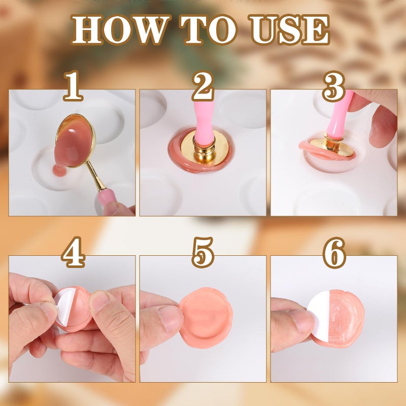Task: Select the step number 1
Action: point(73,87)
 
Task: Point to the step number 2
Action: point(202,86)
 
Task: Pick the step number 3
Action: point(333,87)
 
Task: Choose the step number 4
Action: point(73,253)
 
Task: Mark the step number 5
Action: point(203,253)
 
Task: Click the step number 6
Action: point(333,253)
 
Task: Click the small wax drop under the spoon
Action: point(59,171)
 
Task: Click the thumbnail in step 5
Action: point(171,317)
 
